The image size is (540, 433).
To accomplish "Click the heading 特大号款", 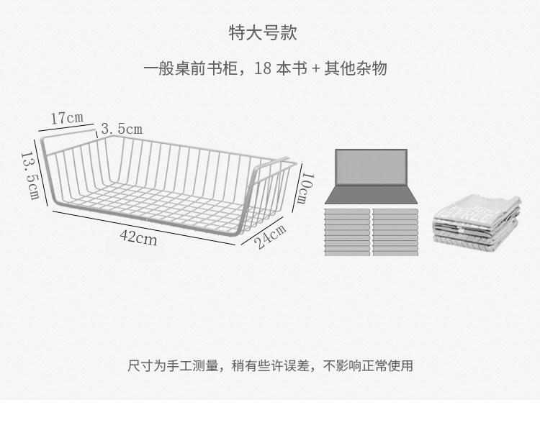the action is (x=262, y=32).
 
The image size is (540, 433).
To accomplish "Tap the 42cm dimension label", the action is (x=140, y=237).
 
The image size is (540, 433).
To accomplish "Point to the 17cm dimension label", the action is (x=67, y=117).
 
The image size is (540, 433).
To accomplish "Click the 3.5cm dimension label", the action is (x=121, y=129).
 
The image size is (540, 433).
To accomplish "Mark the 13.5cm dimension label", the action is (x=30, y=176).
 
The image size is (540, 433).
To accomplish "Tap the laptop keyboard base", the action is (x=372, y=195).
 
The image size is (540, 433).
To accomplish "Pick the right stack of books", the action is (x=395, y=230).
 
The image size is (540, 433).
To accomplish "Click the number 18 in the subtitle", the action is (x=263, y=69).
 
